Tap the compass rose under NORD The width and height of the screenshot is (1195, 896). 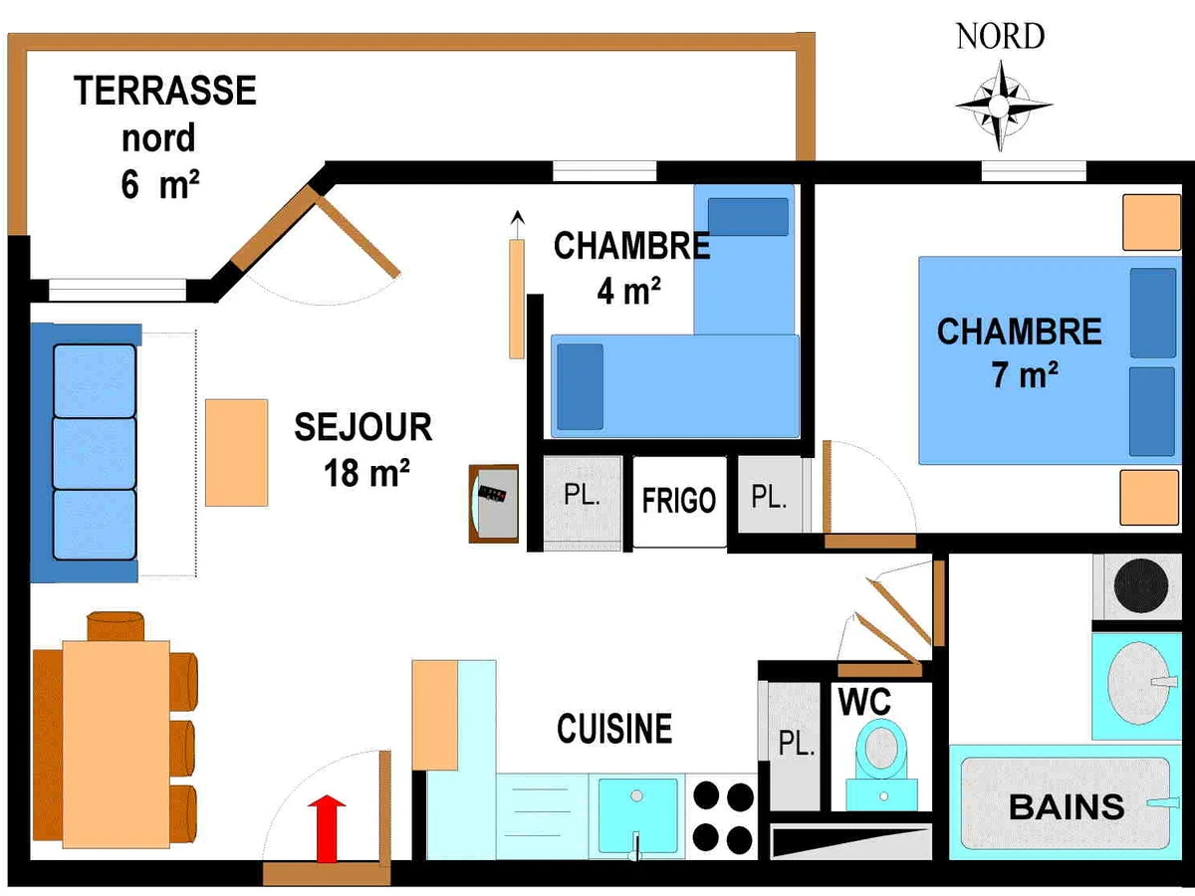point(1003,104)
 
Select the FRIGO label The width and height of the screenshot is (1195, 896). point(678,500)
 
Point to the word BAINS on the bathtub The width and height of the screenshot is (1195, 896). point(1067,806)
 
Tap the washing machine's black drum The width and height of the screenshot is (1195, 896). point(1140,588)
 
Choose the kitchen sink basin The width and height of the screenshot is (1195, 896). point(637,812)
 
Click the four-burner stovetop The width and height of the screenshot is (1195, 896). point(723,815)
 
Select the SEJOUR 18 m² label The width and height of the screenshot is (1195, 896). point(363,449)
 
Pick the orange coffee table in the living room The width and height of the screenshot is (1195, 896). point(237,452)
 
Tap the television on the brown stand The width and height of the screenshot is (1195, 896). point(493,504)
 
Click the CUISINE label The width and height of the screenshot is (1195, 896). point(614,729)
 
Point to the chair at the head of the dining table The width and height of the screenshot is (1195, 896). point(116,626)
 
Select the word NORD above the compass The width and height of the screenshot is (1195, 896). point(1000,37)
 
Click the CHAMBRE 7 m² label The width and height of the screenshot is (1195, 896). point(1020,352)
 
